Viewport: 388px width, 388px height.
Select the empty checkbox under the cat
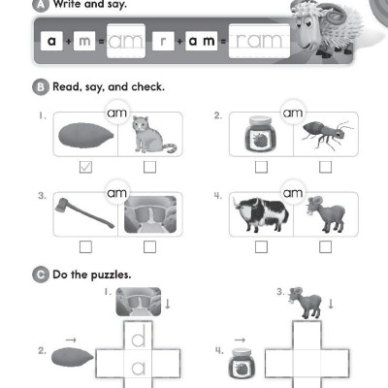(149, 167)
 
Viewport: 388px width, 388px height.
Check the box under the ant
(325, 167)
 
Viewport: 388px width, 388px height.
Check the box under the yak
(261, 246)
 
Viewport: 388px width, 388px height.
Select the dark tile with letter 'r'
(165, 41)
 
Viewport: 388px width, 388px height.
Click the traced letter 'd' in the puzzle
(139, 339)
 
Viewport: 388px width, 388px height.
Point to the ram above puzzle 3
(309, 305)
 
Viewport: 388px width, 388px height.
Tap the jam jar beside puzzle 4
(238, 370)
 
